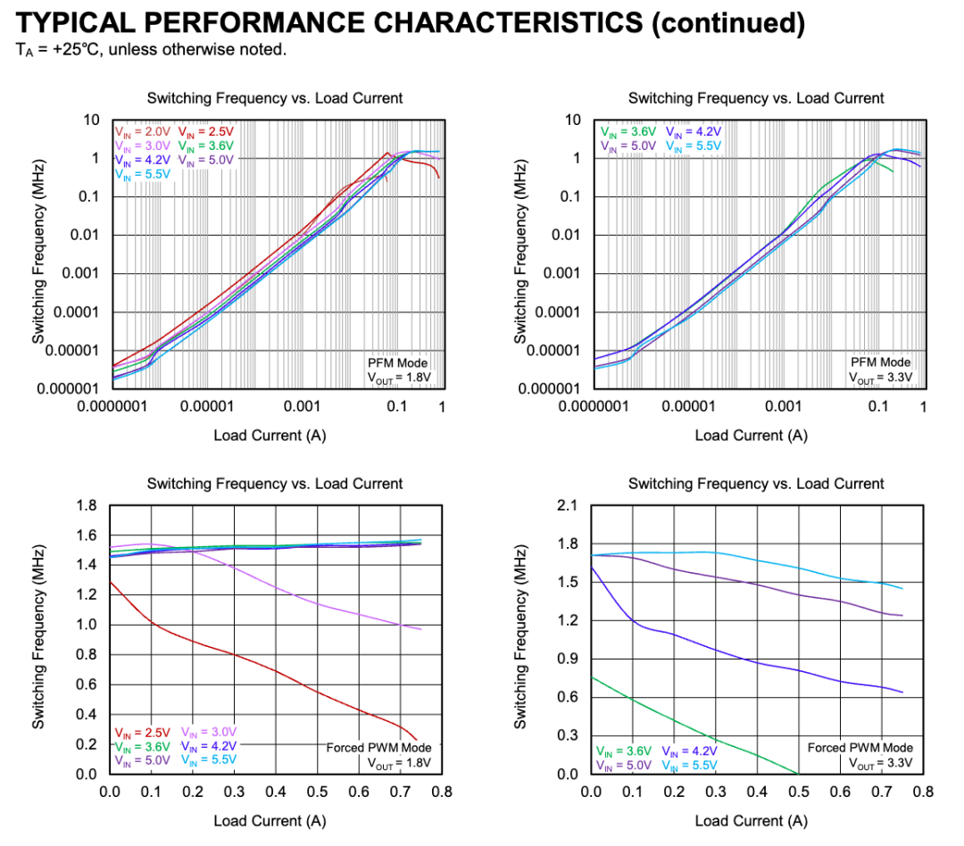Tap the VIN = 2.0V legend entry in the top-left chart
point(142,131)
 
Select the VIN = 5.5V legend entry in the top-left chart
point(142,174)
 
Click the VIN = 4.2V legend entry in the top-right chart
point(691,131)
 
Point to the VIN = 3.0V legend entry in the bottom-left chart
point(210,733)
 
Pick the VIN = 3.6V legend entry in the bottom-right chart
point(625,751)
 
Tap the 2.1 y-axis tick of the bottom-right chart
point(567,506)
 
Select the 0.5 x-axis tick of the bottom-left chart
point(317,792)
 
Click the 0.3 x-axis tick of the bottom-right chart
point(716,792)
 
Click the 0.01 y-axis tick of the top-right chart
point(562,235)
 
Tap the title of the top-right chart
point(755,98)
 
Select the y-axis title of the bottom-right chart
point(520,639)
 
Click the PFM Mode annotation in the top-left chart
point(398,362)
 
